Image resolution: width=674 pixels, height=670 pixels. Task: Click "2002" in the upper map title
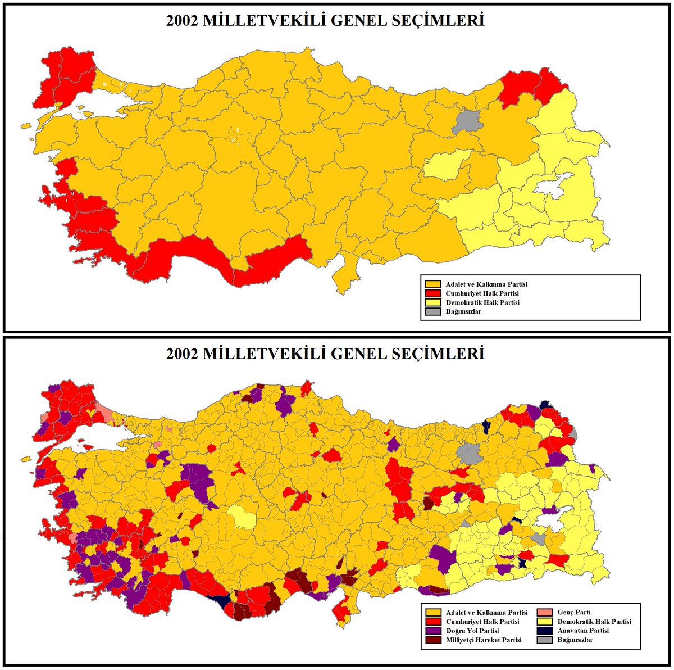pyautogui.click(x=181, y=21)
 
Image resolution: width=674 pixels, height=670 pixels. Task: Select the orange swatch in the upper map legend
pyautogui.click(x=432, y=284)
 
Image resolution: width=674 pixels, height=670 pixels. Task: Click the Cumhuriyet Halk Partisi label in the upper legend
pyautogui.click(x=482, y=293)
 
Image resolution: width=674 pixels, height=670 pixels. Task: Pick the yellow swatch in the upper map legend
pyautogui.click(x=432, y=302)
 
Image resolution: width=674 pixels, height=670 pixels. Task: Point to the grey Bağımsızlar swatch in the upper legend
pyautogui.click(x=432, y=311)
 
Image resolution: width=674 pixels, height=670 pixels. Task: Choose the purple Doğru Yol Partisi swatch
pyautogui.click(x=432, y=631)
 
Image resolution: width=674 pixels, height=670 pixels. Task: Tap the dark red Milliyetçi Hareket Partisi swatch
pyautogui.click(x=432, y=640)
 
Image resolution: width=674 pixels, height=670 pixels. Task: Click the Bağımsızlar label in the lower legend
pyautogui.click(x=575, y=640)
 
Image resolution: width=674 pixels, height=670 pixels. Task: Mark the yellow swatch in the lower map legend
pyautogui.click(x=544, y=622)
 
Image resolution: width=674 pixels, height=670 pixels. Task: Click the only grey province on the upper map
pyautogui.click(x=468, y=121)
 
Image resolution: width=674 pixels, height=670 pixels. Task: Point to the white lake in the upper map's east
pyautogui.click(x=553, y=184)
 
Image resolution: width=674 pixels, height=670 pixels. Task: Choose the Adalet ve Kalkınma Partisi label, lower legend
pyautogui.click(x=486, y=613)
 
